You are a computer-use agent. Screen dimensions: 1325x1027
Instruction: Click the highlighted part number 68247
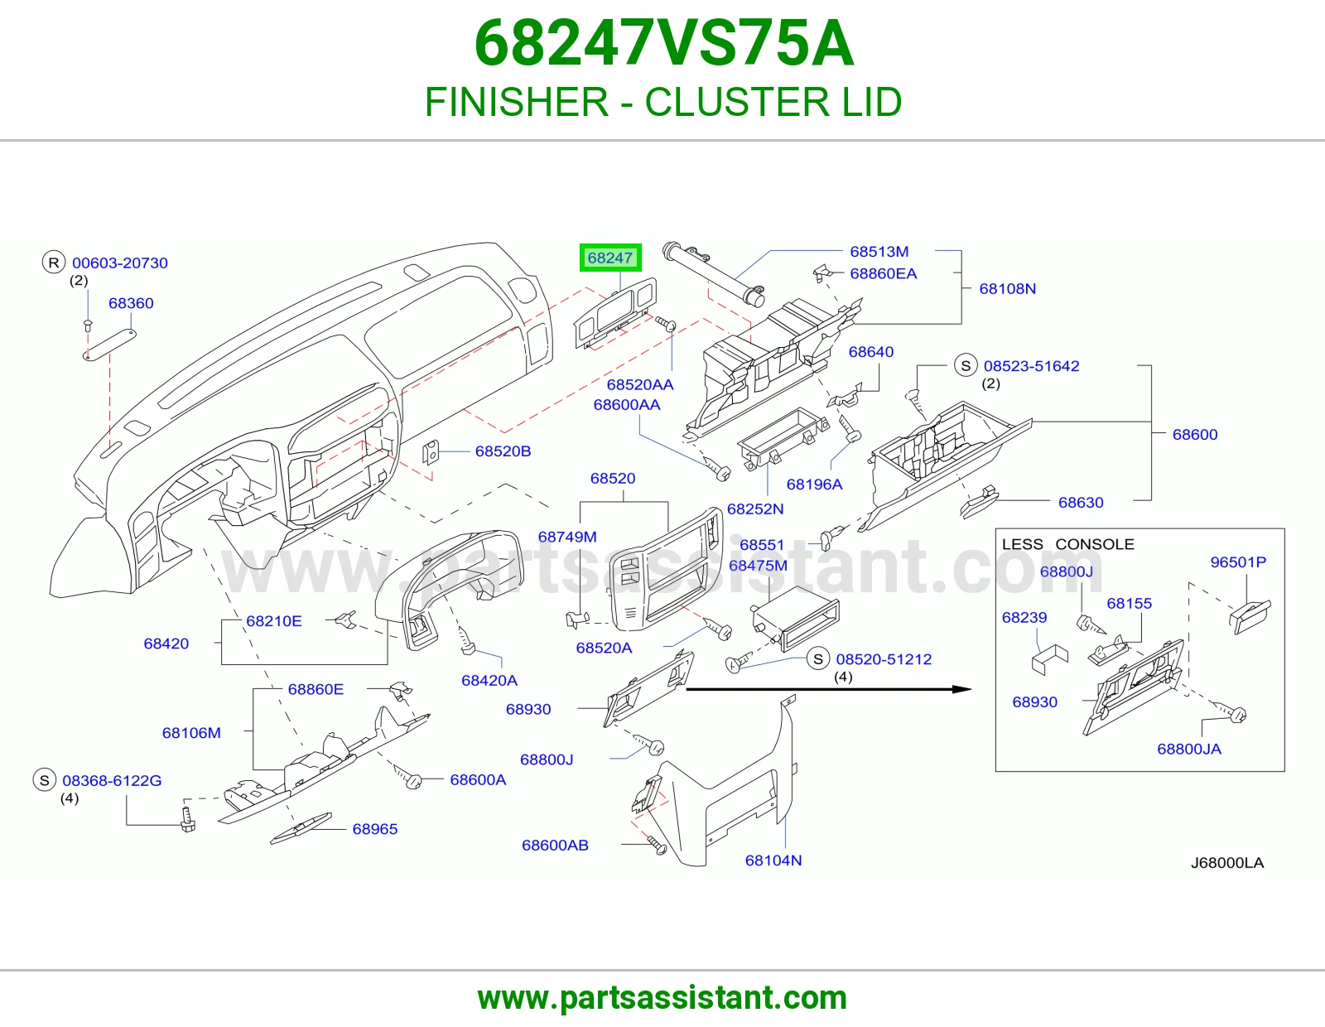coord(609,258)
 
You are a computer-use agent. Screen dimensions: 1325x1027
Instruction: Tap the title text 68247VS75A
coord(664,44)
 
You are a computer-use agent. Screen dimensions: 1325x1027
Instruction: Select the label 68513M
coord(879,251)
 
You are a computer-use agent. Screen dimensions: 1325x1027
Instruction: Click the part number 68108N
coord(1007,288)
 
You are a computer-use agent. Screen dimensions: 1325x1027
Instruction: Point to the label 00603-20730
coord(119,263)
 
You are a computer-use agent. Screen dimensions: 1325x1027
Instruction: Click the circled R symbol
coord(54,263)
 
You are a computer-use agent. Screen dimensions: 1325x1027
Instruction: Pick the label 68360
coord(131,303)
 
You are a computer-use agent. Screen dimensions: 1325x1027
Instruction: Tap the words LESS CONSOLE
coord(1067,544)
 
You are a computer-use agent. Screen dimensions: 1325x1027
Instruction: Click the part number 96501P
coord(1238,562)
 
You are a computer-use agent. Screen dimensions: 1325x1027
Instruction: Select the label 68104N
coord(773,860)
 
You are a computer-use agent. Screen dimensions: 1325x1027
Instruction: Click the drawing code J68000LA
coord(1226,862)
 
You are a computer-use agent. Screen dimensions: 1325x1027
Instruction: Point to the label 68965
coord(375,829)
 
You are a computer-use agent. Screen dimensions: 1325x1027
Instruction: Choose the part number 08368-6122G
coord(112,781)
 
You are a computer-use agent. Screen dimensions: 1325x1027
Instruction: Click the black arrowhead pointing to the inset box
coord(962,689)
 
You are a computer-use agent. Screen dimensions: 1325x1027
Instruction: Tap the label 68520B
coord(503,451)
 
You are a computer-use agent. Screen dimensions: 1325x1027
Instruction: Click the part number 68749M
coord(567,537)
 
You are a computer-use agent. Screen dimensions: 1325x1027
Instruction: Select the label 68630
coord(1081,503)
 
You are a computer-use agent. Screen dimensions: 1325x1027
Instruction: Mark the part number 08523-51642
coord(1031,366)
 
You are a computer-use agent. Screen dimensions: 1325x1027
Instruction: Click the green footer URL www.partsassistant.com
coord(662,998)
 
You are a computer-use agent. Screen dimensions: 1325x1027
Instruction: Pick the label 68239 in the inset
coord(1024,617)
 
